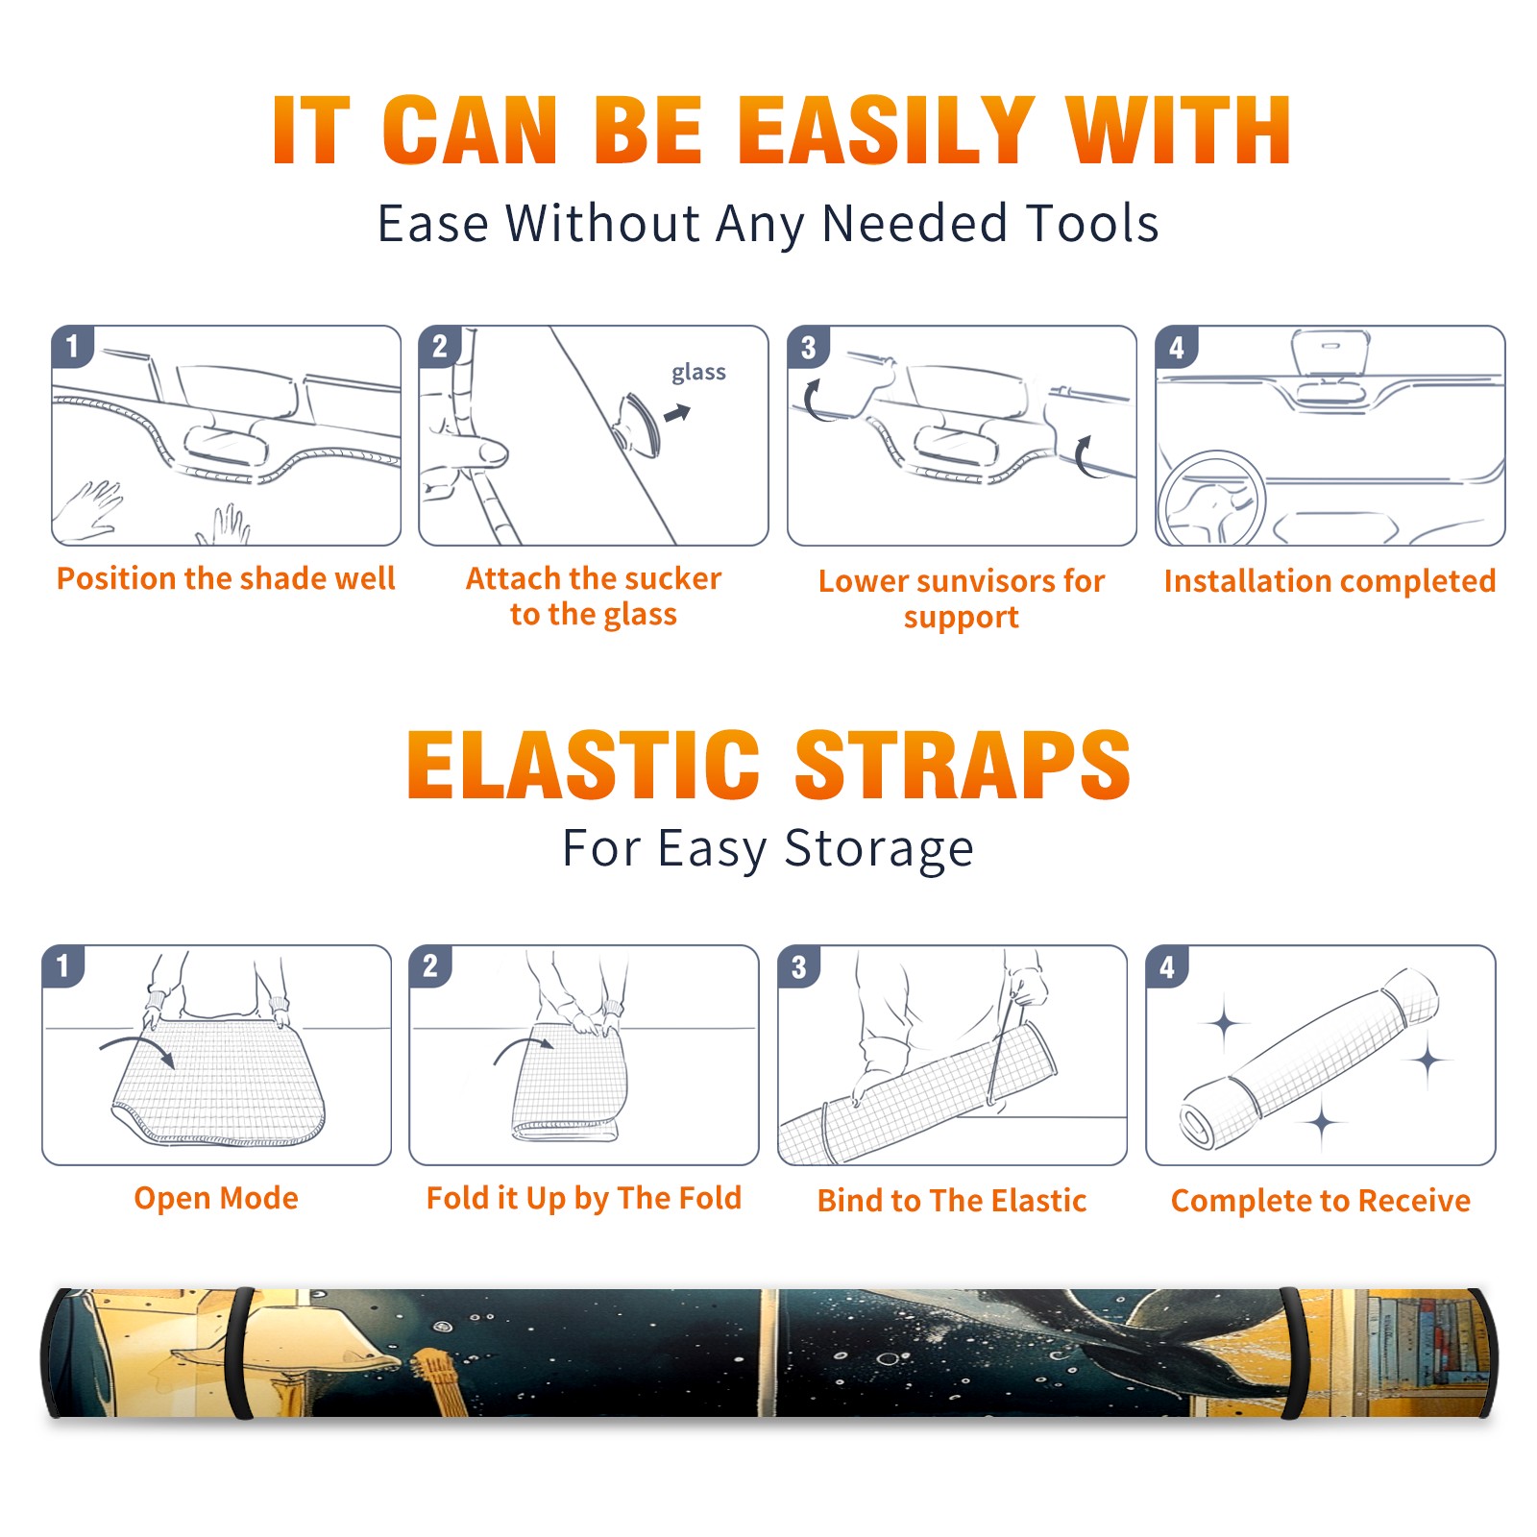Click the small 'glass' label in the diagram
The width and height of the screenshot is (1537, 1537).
coord(698,373)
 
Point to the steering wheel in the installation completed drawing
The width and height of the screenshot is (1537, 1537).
coord(1211,499)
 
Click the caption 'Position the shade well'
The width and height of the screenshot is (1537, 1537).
coord(226,578)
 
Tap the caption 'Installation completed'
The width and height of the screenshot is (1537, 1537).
coord(1330,581)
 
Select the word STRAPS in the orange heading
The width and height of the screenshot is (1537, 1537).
coord(963,765)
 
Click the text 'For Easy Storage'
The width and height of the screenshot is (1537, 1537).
coord(768,849)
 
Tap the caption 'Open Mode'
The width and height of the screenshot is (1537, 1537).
coord(216,1198)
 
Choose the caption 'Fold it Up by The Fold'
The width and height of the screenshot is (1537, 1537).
coord(584,1199)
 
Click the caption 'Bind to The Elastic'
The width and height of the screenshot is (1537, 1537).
coord(952,1201)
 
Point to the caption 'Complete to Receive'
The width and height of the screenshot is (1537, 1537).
coord(1321,1201)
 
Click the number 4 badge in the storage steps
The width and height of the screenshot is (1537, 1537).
coord(1167,967)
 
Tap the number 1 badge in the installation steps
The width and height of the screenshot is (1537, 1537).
coord(72,346)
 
